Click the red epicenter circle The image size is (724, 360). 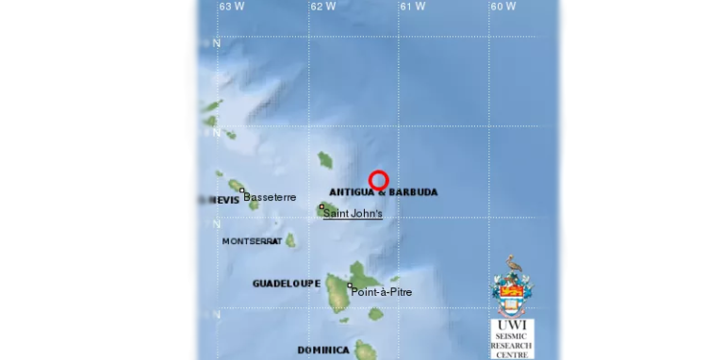378,180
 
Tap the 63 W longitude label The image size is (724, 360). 232,7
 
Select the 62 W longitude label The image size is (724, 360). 322,7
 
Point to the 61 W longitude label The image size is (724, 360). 412,7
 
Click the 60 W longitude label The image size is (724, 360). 502,7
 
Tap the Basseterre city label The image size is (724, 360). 270,197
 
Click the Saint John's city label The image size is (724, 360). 353,214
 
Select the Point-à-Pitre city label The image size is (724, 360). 381,292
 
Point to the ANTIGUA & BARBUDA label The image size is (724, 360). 383,192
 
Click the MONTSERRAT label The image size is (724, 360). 251,241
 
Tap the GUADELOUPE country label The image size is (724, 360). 287,283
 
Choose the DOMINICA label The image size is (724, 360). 323,351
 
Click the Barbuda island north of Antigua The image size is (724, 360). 325,159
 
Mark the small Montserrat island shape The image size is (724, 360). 290,240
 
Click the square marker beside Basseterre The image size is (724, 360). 242,190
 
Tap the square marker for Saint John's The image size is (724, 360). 321,206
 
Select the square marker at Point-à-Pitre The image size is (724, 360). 350,286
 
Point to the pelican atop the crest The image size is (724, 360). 513,263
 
